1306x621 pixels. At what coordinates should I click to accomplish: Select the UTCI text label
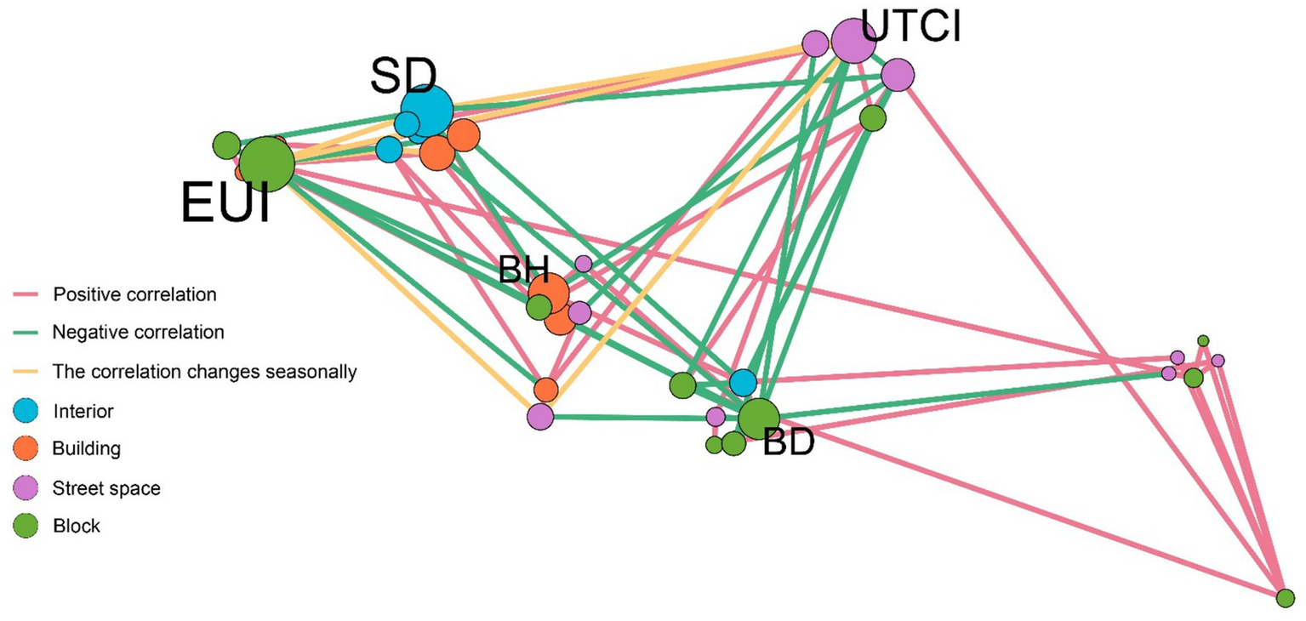910,26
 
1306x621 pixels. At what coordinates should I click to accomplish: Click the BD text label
789,443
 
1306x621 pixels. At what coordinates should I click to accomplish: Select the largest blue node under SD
427,110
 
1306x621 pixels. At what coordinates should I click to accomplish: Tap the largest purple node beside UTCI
852,40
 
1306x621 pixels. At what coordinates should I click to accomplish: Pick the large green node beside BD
758,418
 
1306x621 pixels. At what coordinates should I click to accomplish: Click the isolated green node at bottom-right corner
1285,598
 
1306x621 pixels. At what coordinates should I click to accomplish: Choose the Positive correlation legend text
134,295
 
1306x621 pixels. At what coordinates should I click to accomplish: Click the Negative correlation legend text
138,332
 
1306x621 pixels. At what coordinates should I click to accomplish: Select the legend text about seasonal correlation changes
204,372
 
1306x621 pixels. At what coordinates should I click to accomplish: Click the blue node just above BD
743,383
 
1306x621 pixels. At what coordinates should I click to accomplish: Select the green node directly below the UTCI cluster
872,118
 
